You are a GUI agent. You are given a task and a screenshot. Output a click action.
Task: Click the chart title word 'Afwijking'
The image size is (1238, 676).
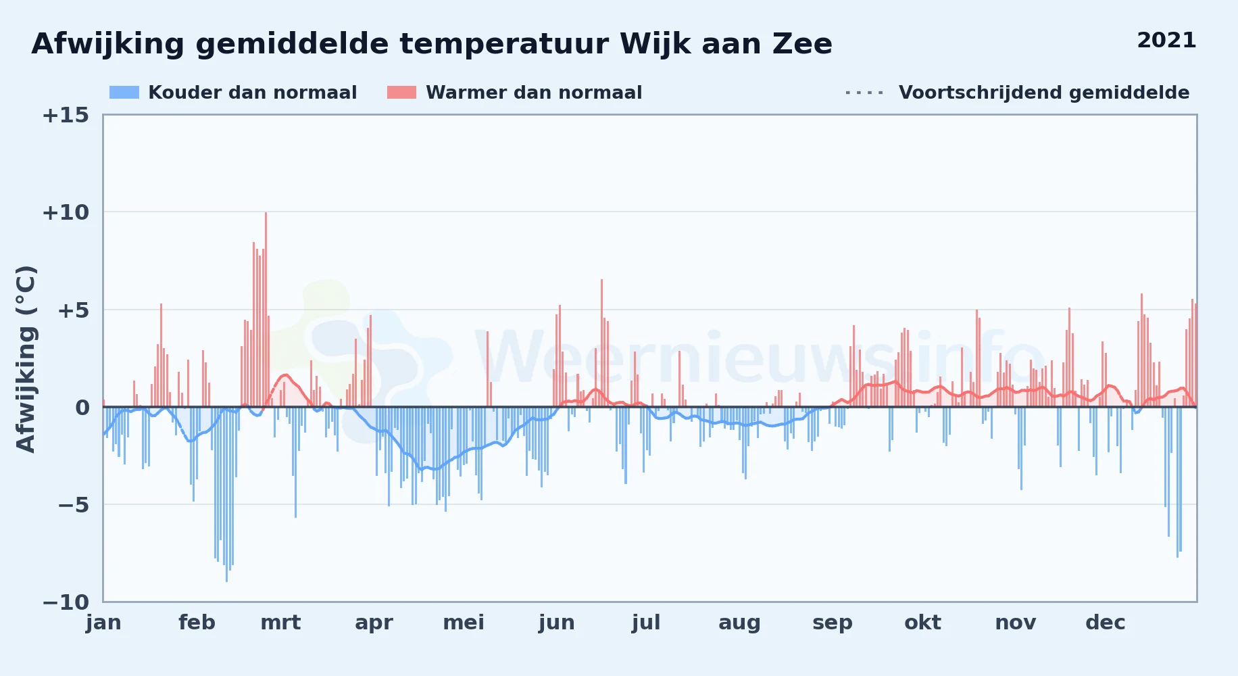(x=108, y=45)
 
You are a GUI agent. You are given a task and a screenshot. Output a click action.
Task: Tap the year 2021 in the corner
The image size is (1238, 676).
(x=1166, y=41)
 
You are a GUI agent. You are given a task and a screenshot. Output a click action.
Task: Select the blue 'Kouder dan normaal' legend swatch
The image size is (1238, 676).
(x=124, y=93)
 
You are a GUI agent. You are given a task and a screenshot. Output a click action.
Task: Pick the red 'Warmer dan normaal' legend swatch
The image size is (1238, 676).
(x=401, y=93)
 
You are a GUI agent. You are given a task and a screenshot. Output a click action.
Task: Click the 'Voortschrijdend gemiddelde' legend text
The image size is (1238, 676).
(x=1044, y=93)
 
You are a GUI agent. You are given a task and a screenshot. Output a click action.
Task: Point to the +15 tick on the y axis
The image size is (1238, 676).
(x=66, y=115)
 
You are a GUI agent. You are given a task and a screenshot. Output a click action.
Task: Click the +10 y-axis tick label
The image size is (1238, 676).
(x=66, y=212)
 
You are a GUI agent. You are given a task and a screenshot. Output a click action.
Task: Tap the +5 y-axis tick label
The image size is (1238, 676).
(x=73, y=310)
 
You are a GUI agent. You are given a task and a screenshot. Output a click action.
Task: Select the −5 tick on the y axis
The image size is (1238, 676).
(x=73, y=505)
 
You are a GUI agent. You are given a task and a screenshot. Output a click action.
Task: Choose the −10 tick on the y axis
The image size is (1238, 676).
(x=66, y=602)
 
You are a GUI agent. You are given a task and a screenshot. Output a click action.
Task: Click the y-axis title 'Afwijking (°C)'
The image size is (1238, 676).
(x=26, y=359)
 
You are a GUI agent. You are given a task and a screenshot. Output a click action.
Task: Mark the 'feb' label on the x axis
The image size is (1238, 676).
(x=197, y=623)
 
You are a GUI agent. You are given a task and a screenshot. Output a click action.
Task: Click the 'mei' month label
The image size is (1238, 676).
(x=464, y=623)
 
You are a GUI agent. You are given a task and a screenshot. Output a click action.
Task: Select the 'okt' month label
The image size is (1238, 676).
(x=922, y=623)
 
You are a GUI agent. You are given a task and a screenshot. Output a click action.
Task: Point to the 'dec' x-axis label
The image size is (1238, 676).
(x=1106, y=623)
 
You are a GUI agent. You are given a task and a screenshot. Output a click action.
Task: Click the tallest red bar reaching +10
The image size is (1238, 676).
(x=266, y=310)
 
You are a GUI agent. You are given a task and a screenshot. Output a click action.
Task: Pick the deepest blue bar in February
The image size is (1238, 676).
(x=226, y=494)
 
